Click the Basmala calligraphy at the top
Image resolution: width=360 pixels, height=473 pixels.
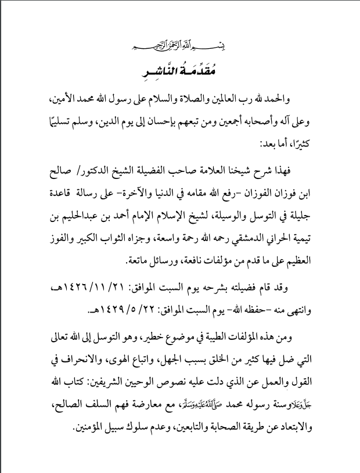pos(180,47)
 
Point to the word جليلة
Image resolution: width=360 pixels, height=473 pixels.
pos(304,210)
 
